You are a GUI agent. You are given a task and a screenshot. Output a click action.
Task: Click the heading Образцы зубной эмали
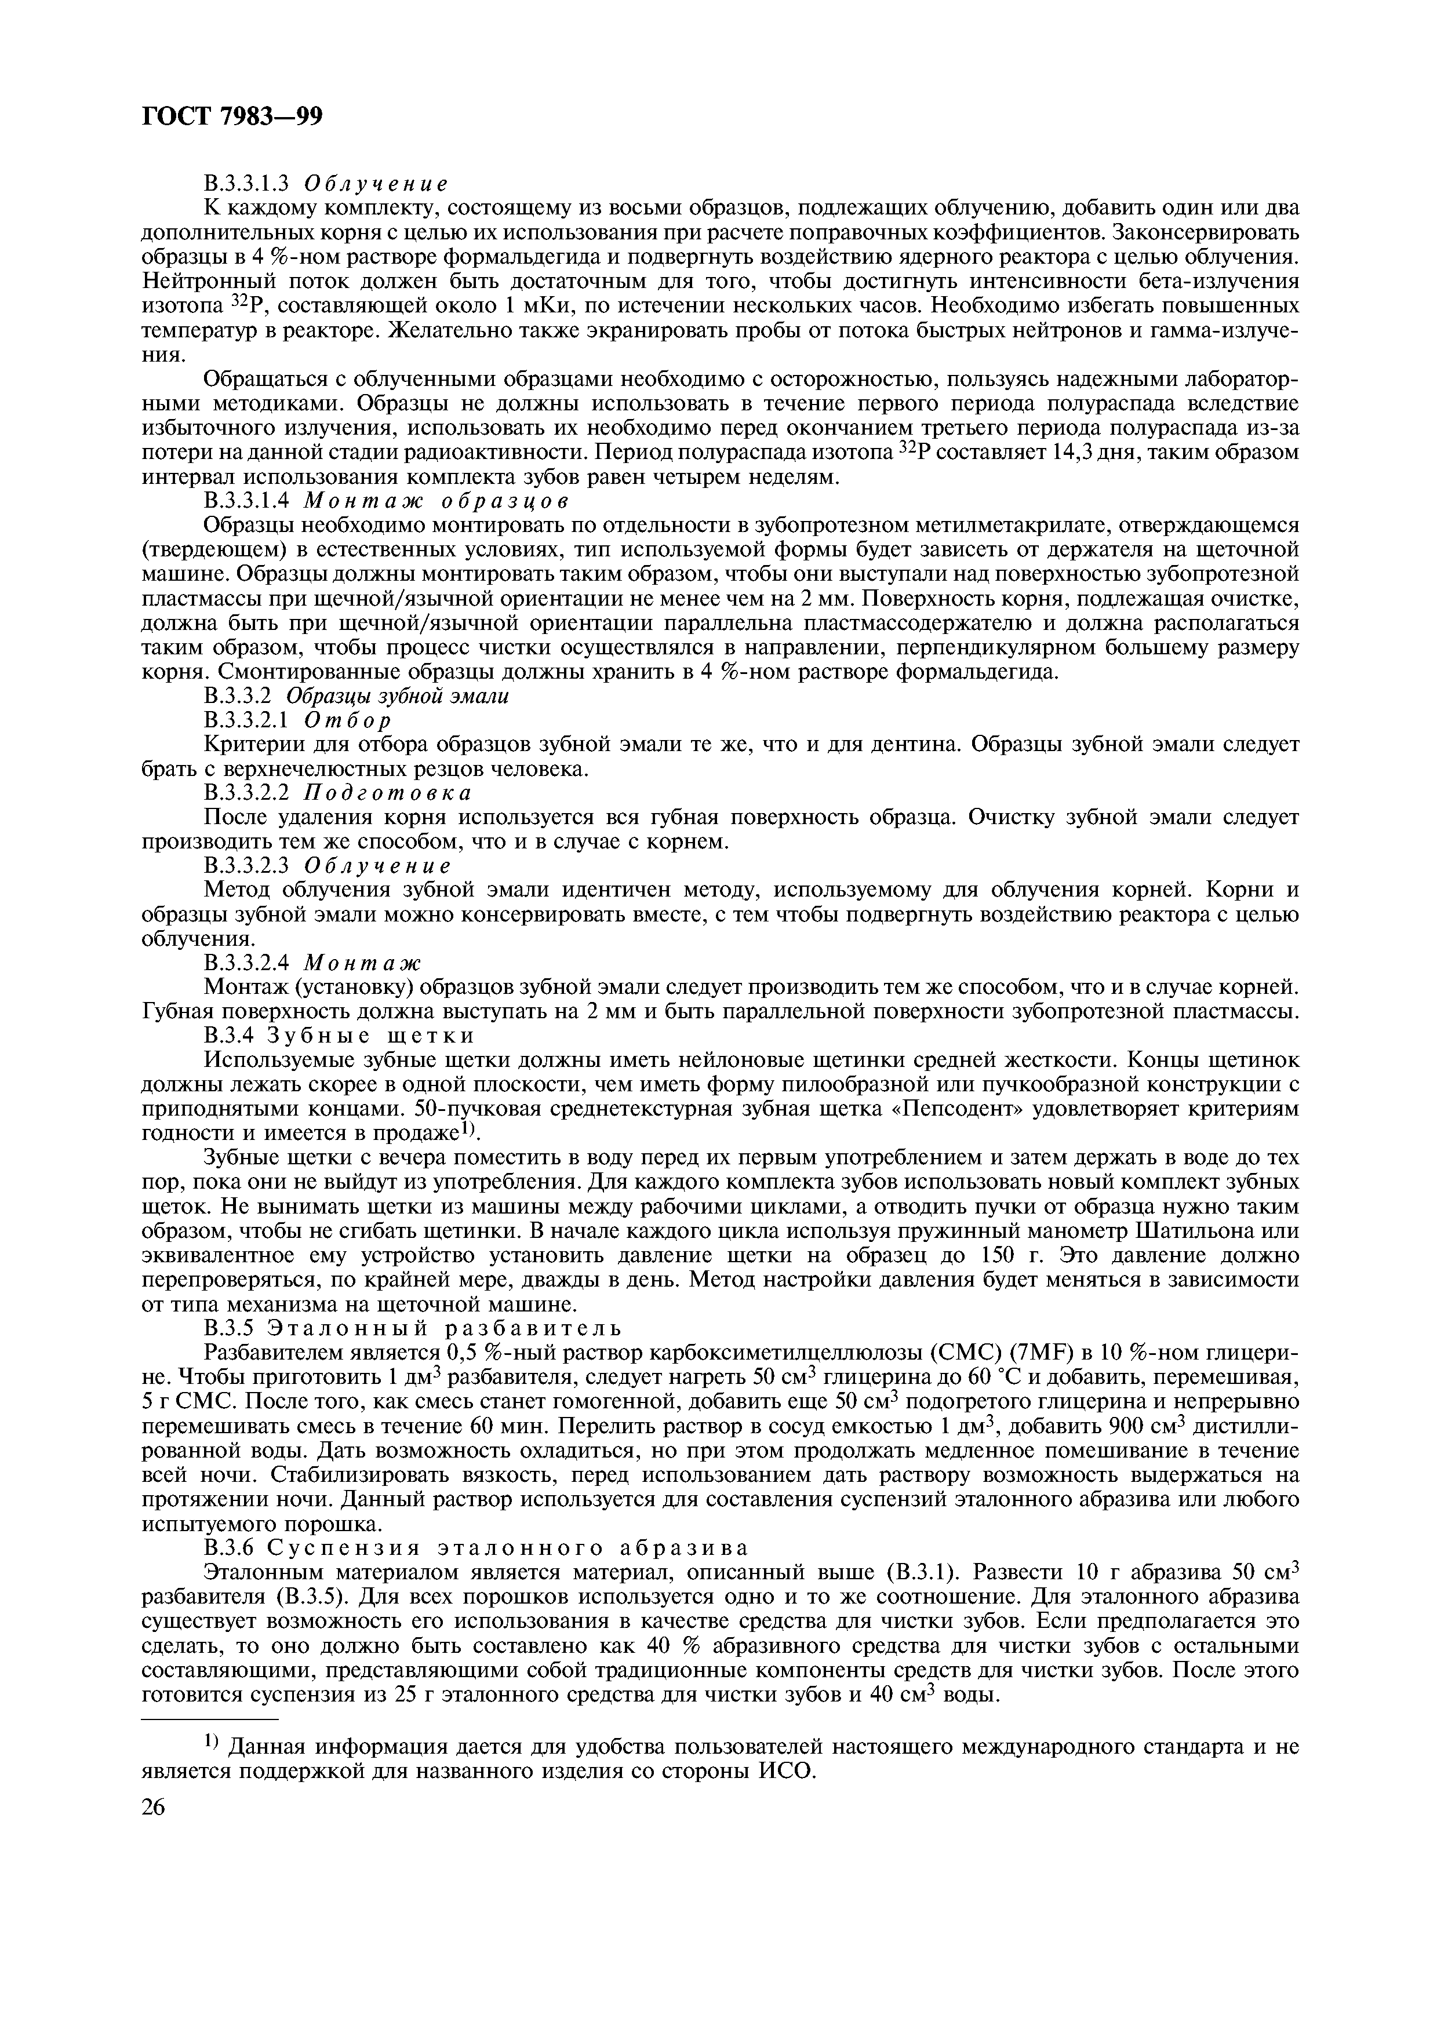(x=408, y=696)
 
